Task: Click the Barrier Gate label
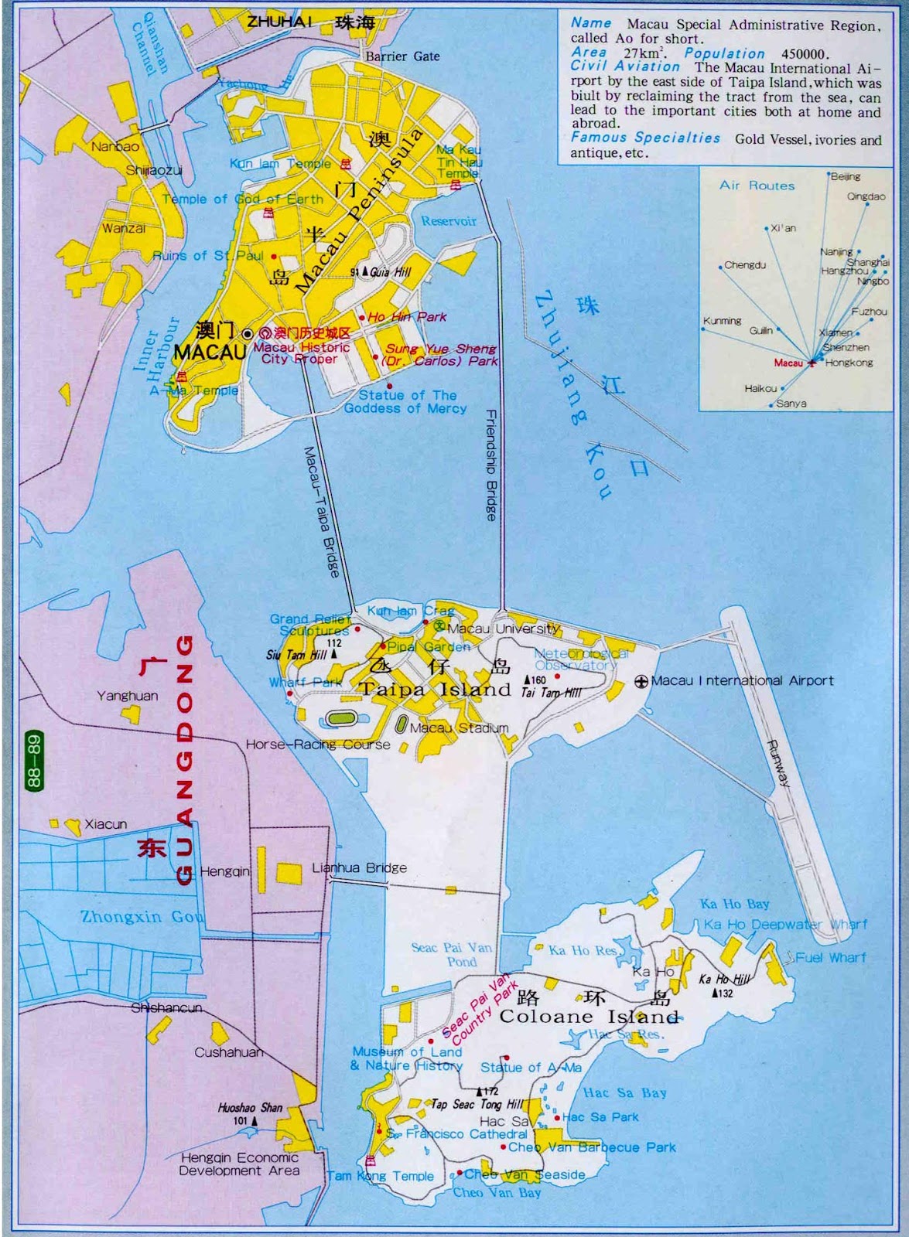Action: [x=402, y=56]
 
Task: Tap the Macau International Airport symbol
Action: [x=641, y=681]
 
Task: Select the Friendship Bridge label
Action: [x=491, y=464]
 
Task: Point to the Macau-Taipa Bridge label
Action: [x=322, y=511]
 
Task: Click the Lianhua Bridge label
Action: [x=359, y=867]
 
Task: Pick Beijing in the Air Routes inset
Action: [x=845, y=177]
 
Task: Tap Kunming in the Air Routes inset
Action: [x=722, y=321]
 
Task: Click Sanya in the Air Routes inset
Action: [x=791, y=404]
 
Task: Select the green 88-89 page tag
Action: [x=32, y=761]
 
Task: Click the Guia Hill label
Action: [x=390, y=272]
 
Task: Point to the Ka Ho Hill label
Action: [x=724, y=980]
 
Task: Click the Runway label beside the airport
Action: [x=778, y=763]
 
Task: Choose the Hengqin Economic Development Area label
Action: [x=239, y=1164]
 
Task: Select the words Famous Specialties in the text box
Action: [x=645, y=138]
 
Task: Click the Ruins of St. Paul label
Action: [x=208, y=255]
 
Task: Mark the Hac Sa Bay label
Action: [x=624, y=1092]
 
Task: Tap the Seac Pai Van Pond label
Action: [x=452, y=954]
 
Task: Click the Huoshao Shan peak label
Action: [x=250, y=1108]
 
